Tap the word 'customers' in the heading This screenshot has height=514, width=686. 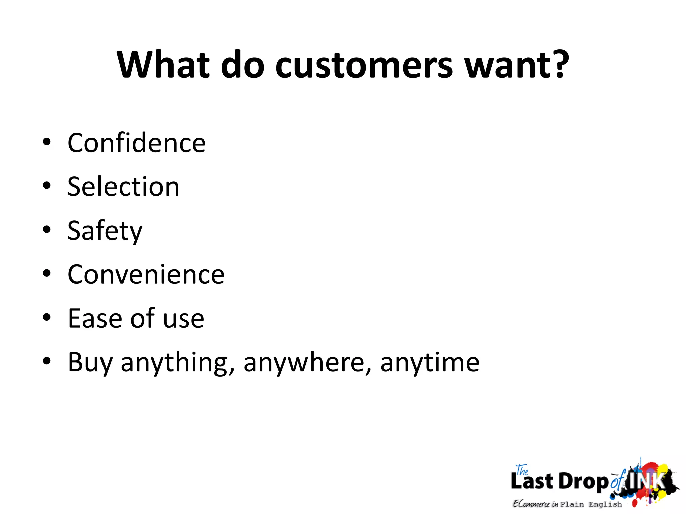click(364, 65)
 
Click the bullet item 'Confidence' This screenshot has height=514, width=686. click(137, 143)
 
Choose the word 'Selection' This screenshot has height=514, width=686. click(123, 187)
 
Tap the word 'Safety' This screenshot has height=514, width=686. click(105, 231)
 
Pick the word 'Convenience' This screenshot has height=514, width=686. click(146, 274)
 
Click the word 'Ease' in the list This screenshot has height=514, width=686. click(94, 318)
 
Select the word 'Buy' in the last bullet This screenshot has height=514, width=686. click(90, 363)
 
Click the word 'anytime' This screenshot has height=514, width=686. click(430, 363)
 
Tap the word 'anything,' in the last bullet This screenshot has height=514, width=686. click(178, 363)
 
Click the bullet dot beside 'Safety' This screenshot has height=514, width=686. click(47, 230)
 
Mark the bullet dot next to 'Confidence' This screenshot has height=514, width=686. click(47, 142)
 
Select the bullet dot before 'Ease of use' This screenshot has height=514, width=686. click(47, 317)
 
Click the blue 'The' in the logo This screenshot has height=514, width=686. click(522, 470)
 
